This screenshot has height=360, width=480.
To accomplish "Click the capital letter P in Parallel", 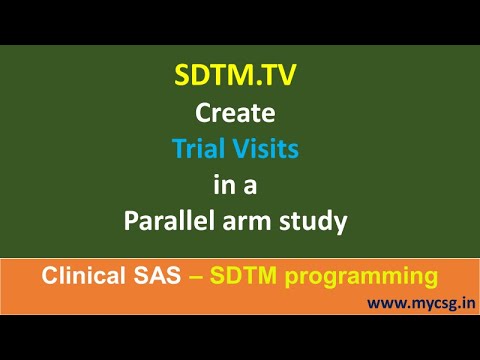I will [131, 221].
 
